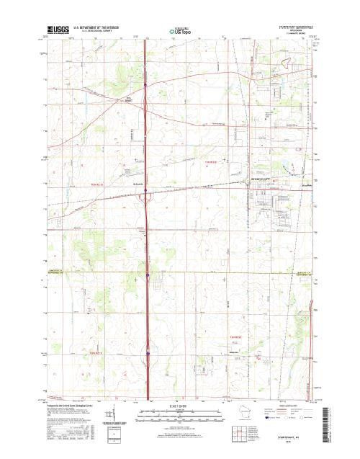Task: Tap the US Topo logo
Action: pos(180,32)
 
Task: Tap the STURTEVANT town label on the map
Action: pos(261,177)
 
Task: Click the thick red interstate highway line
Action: pos(146,216)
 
